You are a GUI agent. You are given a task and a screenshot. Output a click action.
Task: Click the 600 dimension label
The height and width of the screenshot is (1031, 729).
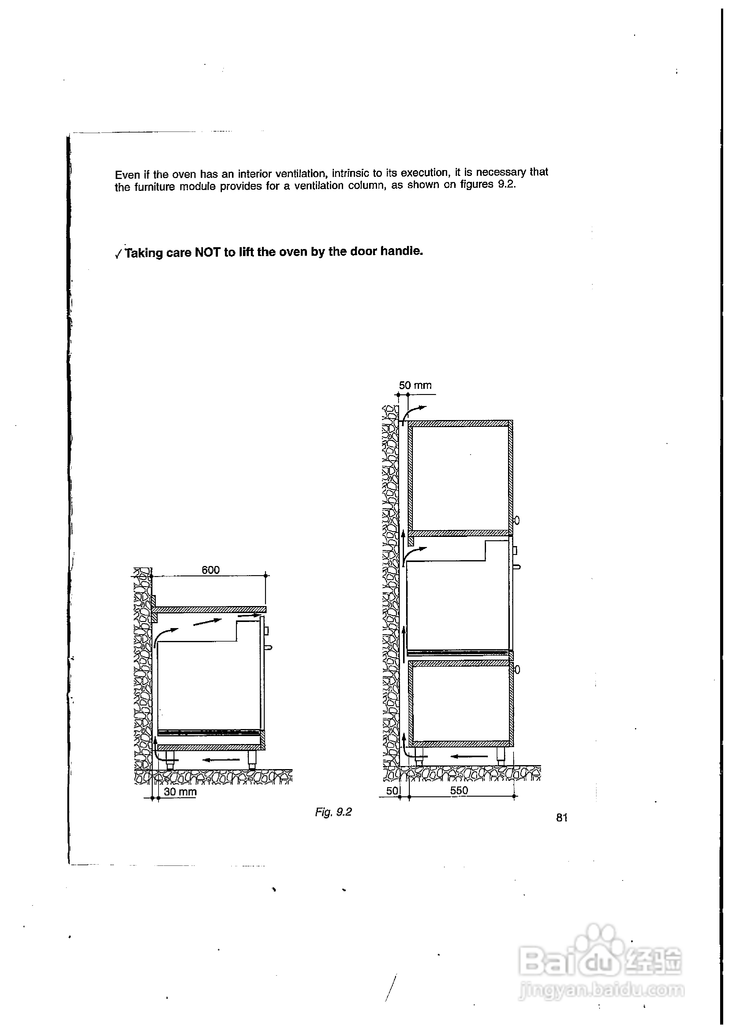point(210,570)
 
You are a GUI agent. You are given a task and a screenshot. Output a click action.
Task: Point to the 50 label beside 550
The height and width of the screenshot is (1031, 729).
point(392,791)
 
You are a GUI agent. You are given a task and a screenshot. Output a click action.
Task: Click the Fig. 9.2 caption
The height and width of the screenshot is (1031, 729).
point(333,812)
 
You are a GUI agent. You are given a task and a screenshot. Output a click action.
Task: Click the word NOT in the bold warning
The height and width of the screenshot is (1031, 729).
point(207,252)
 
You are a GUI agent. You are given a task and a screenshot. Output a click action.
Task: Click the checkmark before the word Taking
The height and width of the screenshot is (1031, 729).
point(118,254)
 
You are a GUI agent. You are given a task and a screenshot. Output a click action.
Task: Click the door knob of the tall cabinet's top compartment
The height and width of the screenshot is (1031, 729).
point(517,520)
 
